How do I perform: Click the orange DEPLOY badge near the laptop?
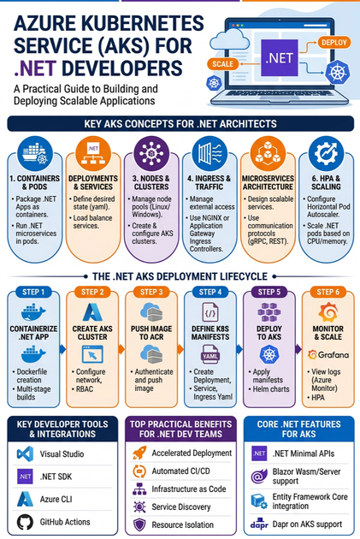pyautogui.click(x=333, y=43)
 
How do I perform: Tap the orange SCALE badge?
pyautogui.click(x=222, y=64)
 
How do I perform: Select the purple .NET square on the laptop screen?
pyautogui.click(x=280, y=58)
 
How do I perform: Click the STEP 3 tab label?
pyautogui.click(x=151, y=293)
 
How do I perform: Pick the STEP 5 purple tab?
pyautogui.click(x=269, y=293)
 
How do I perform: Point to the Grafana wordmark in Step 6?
pyautogui.click(x=328, y=355)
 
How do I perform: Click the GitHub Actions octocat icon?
pyautogui.click(x=25, y=522)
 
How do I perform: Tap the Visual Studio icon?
pyautogui.click(x=25, y=453)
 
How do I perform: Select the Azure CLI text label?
pyautogui.click(x=56, y=499)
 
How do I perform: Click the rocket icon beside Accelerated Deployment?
pyautogui.click(x=139, y=453)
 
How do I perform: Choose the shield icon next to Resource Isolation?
pyautogui.click(x=139, y=525)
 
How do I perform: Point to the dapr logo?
pyautogui.click(x=259, y=524)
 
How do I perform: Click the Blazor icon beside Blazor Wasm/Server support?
pyautogui.click(x=259, y=477)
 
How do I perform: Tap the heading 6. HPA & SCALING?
pyautogui.click(x=326, y=182)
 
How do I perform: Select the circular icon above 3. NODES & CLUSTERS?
pyautogui.click(x=151, y=153)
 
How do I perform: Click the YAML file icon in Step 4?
pyautogui.click(x=210, y=354)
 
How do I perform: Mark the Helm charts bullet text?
pyautogui.click(x=271, y=389)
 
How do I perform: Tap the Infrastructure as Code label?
pyautogui.click(x=189, y=489)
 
